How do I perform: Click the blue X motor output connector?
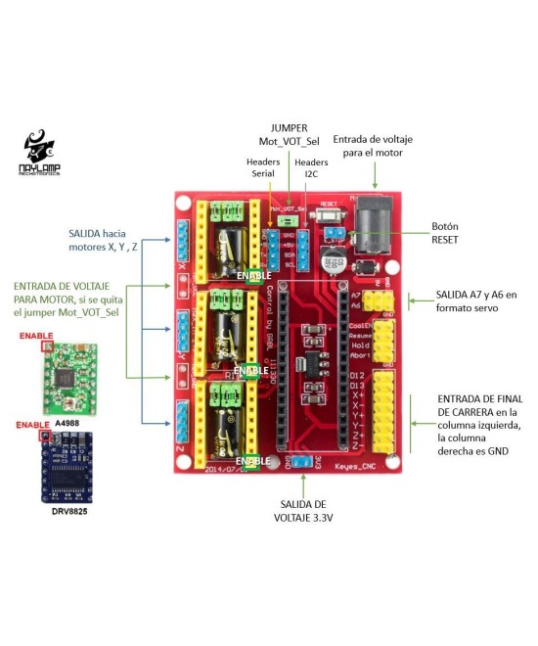pyautogui.click(x=183, y=241)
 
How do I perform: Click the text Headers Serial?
pyautogui.click(x=263, y=167)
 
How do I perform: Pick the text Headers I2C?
pyautogui.click(x=311, y=167)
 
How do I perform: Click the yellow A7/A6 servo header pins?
pyautogui.click(x=381, y=300)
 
